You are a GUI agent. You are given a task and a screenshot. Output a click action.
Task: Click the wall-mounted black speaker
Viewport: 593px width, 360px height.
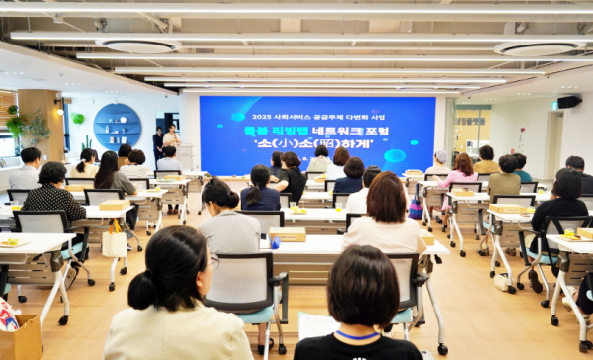(568, 101)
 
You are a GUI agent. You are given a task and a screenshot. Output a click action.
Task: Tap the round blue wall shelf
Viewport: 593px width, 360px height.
(118, 125)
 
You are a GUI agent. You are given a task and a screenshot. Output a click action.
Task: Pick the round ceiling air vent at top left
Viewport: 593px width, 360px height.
(138, 45)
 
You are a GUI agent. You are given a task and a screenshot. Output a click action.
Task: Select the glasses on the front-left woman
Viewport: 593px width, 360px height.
(213, 262)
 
